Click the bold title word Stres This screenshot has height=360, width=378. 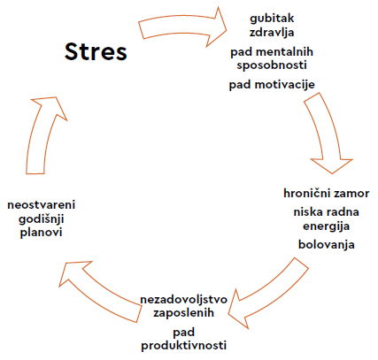[96, 51]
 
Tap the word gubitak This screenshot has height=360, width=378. [272, 19]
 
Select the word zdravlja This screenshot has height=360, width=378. [272, 32]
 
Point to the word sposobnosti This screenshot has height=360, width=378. [272, 65]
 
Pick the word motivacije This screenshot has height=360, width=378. [285, 85]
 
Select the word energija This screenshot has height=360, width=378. [327, 226]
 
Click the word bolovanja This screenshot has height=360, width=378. [327, 244]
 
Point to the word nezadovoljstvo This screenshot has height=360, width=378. [183, 300]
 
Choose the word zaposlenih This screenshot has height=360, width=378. [183, 313]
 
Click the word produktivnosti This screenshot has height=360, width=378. [183, 345]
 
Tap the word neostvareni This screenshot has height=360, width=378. [42, 205]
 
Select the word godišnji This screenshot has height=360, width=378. [42, 219]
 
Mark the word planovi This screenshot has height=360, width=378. [42, 233]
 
